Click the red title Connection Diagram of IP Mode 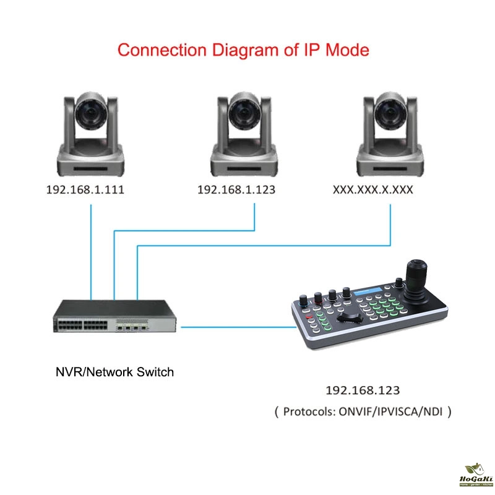243,49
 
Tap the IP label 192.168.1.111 85,190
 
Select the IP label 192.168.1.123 236,190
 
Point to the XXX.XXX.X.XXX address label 373,190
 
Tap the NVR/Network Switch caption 115,372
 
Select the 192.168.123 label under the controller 363,390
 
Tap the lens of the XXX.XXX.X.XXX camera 390,113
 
